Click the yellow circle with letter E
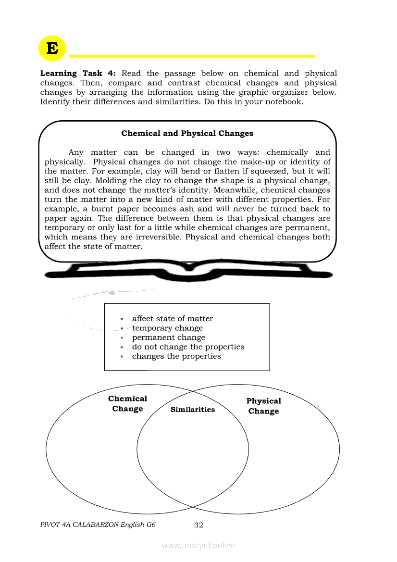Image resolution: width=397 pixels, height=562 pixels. point(52,48)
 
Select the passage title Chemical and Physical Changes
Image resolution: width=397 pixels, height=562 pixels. point(187,134)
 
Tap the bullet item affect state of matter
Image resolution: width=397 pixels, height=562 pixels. point(172,319)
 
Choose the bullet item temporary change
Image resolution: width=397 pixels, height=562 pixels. point(167,328)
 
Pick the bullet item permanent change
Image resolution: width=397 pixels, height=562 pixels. point(168,337)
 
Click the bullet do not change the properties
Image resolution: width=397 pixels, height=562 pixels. point(188,347)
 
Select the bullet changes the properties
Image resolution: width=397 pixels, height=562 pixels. point(176,356)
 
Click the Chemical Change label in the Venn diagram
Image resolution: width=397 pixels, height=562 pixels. point(128,404)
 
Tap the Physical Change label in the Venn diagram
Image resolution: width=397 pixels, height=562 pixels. point(263,406)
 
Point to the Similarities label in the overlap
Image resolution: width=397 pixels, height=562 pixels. point(193,410)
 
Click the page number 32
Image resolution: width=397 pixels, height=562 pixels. point(198,525)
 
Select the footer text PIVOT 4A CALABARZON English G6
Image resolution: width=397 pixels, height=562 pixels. point(98,525)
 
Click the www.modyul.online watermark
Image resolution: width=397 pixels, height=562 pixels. point(198,545)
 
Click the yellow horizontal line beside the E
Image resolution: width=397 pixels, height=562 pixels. point(192,56)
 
